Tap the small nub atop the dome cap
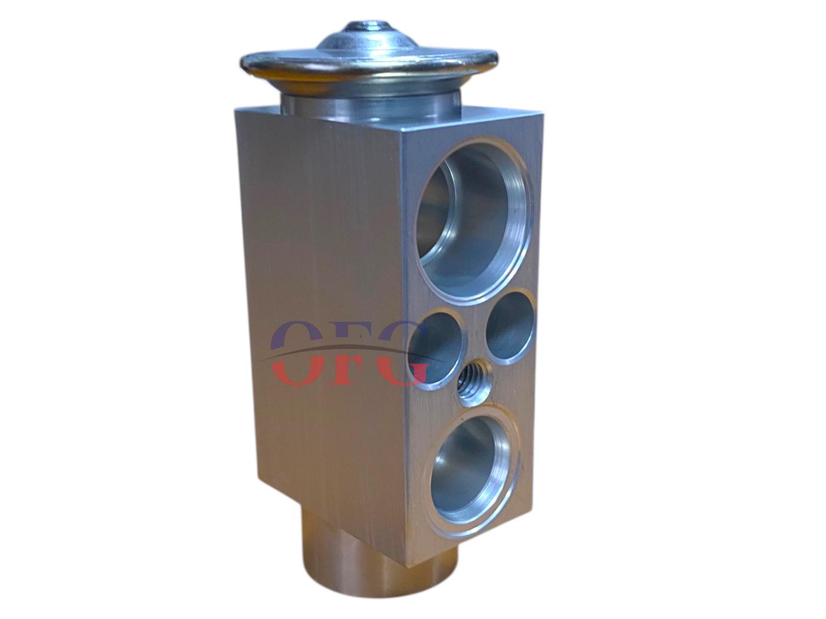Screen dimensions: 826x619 pos(366,28)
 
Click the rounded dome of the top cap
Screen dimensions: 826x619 pos(366,41)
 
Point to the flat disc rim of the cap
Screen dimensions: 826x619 pos(370,67)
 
